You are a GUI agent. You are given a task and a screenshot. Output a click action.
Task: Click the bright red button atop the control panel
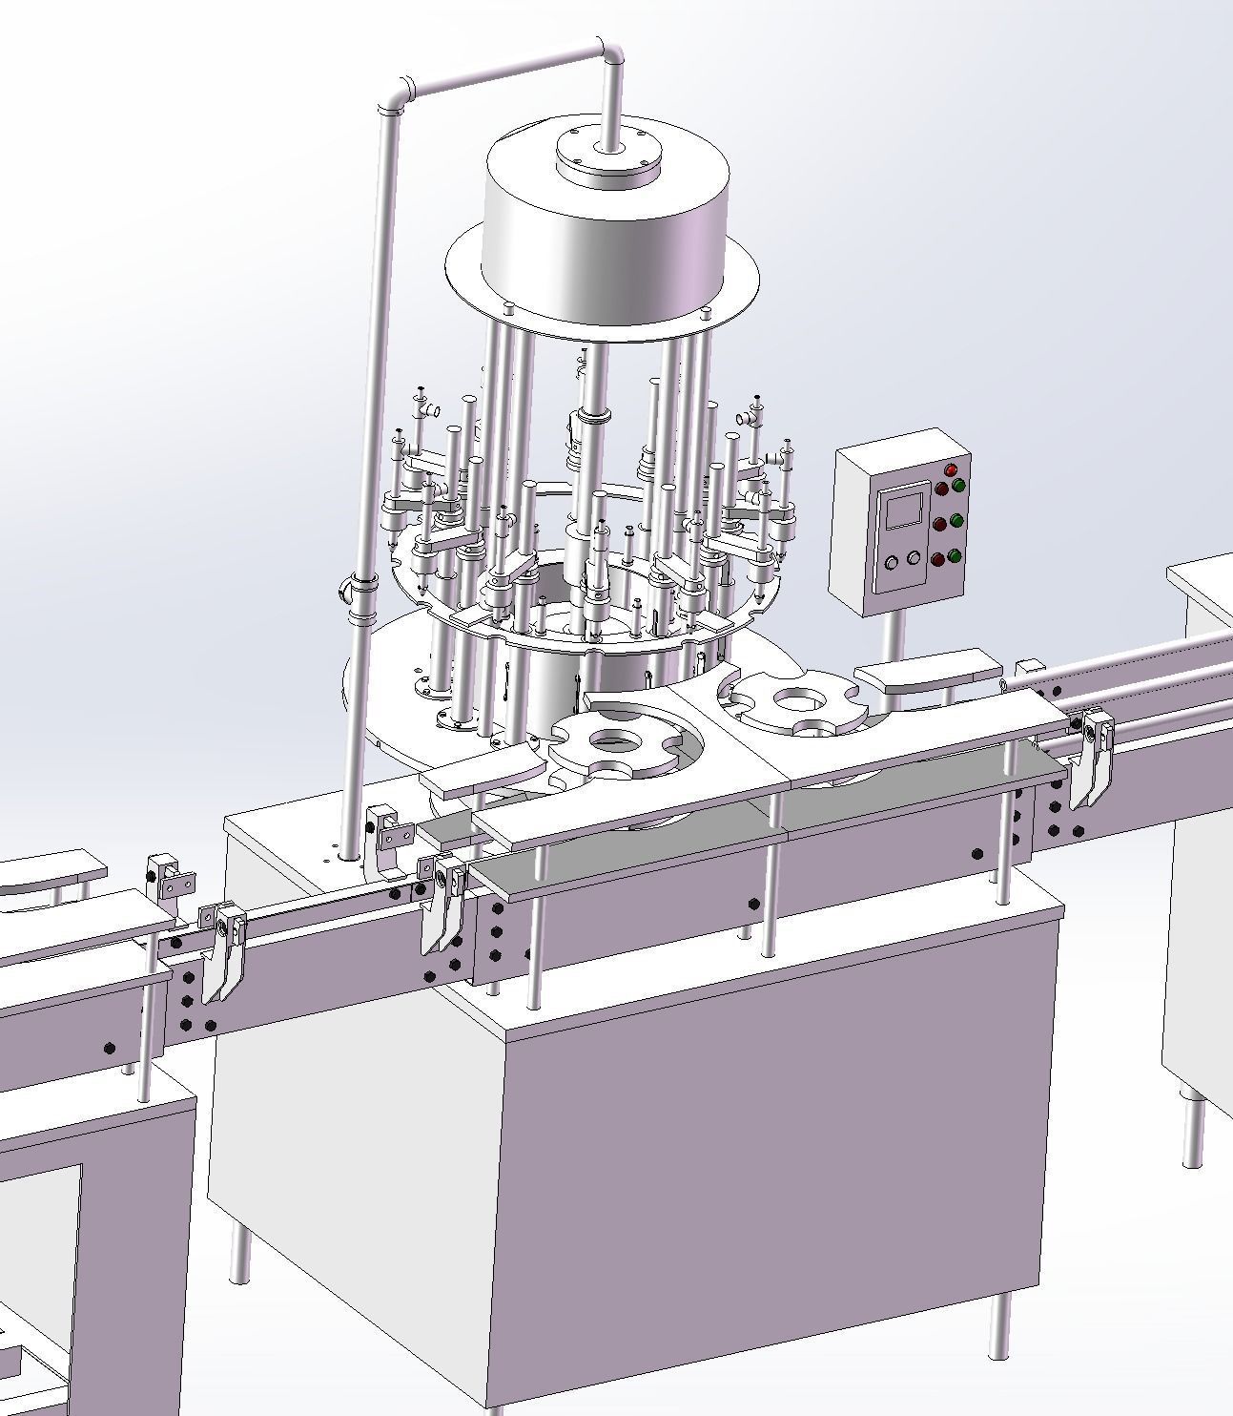(951, 469)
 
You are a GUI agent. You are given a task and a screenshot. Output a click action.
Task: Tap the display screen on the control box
(903, 509)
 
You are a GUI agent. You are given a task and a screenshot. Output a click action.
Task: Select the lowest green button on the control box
(955, 555)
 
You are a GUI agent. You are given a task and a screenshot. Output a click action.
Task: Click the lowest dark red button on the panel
(939, 559)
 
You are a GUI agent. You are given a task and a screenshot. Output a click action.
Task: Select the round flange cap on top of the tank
(609, 157)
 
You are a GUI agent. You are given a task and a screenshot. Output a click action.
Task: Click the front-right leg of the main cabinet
(999, 1325)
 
